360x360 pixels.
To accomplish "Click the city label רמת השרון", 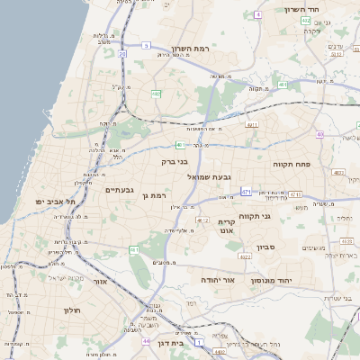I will point(189,48).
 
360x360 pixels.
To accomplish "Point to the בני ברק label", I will point(175,163).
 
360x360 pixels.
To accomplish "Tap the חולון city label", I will point(72,310).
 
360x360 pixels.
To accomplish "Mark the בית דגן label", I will point(170,342).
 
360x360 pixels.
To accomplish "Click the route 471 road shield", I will point(246,192).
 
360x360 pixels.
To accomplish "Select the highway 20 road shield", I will point(121,54).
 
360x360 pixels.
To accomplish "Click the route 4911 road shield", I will point(251,125).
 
